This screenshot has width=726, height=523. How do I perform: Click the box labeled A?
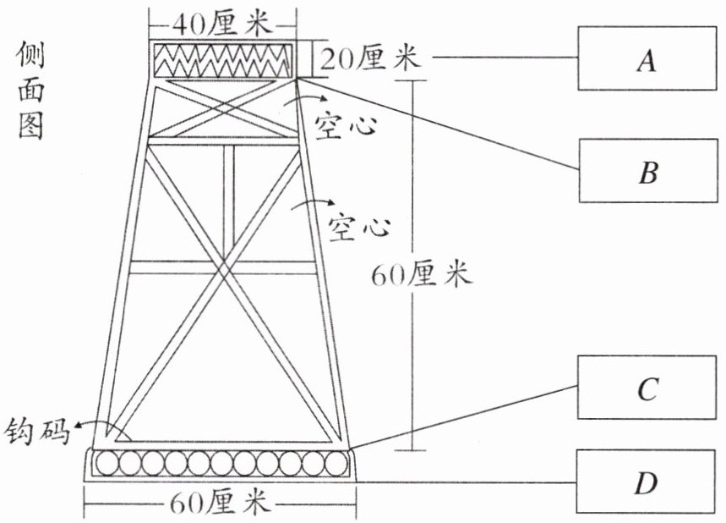pyautogui.click(x=647, y=58)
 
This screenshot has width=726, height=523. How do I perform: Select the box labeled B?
pyautogui.click(x=648, y=171)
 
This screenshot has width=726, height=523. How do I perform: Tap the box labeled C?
pyautogui.click(x=647, y=388)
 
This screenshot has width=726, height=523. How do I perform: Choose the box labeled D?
pyautogui.click(x=646, y=482)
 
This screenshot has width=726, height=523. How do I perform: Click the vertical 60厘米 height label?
pyautogui.click(x=422, y=274)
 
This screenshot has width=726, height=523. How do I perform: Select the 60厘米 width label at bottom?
pyautogui.click(x=220, y=502)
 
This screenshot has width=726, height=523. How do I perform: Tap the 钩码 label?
pyautogui.click(x=37, y=432)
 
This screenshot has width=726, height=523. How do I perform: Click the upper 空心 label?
pyautogui.click(x=346, y=125)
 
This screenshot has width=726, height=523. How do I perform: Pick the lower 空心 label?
pyautogui.click(x=359, y=227)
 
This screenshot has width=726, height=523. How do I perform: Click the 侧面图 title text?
pyautogui.click(x=31, y=91)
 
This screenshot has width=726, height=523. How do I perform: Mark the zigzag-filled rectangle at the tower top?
pyautogui.click(x=223, y=60)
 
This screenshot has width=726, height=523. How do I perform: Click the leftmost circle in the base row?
pyautogui.click(x=107, y=463)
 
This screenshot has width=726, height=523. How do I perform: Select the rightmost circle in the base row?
pyautogui.click(x=336, y=463)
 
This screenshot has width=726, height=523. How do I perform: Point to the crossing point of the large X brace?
pyautogui.click(x=224, y=269)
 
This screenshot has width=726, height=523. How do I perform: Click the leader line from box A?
pyautogui.click(x=505, y=58)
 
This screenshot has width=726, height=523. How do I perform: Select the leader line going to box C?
pyautogui.click(x=463, y=417)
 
